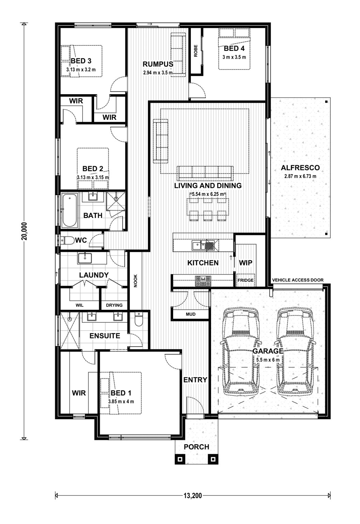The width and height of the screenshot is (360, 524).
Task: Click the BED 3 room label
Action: coord(81,61)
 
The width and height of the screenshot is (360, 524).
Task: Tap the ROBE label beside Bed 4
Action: coord(196,51)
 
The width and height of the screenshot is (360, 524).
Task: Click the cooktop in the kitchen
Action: coord(203,281)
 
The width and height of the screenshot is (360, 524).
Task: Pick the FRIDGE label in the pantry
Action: coord(245,280)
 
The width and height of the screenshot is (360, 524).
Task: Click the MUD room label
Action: coord(191,314)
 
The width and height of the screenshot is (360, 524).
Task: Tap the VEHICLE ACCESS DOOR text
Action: coord(298,280)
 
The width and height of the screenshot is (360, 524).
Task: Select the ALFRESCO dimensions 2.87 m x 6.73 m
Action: coord(300,176)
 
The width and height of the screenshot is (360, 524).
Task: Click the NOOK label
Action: coord(136,281)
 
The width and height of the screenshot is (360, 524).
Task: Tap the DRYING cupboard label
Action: coord(114,305)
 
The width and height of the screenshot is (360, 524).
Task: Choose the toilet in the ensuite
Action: coord(139,319)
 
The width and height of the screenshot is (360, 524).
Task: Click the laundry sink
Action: coord(85,258)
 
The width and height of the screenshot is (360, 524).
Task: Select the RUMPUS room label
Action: coord(158,64)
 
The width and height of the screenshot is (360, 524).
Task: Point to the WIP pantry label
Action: coord(245,263)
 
